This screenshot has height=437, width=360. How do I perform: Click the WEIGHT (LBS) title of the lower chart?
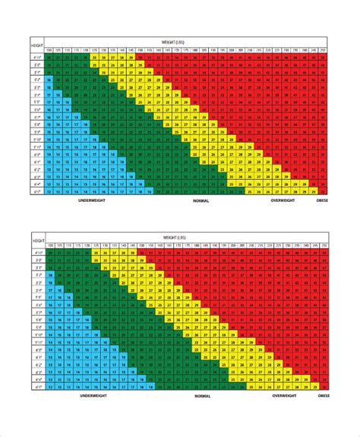point(188,238)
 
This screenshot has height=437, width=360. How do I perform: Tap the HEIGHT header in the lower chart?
point(37,241)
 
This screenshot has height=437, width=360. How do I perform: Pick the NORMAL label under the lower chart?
point(201,396)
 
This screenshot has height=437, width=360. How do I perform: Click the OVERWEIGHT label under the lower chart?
point(286,396)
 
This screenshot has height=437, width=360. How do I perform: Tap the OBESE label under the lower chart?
point(323,396)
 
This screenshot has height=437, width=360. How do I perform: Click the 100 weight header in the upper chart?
point(50,51)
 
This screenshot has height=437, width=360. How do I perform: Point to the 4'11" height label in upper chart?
point(37,58)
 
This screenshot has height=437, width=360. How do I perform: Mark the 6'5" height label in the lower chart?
point(37,386)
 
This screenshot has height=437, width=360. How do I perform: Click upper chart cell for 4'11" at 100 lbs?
point(50,58)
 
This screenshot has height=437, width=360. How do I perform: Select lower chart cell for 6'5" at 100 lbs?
point(50,386)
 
